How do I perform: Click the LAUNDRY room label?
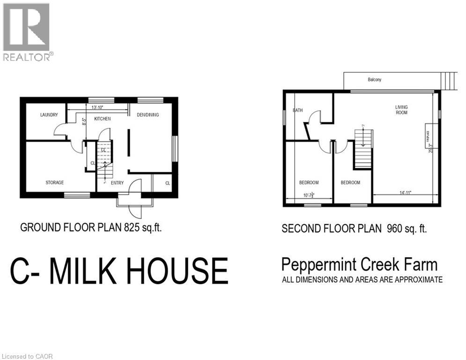tap(49, 115)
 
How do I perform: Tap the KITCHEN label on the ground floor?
tap(103, 119)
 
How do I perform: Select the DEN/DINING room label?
tap(148, 115)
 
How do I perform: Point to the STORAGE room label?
tap(55, 182)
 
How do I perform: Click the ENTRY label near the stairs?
tap(117, 183)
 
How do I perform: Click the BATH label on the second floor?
tap(298, 111)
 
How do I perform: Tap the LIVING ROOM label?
tap(402, 110)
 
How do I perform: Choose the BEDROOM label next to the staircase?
tap(350, 182)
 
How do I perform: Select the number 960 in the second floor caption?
tap(395, 229)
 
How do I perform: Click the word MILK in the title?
tap(90, 271)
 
